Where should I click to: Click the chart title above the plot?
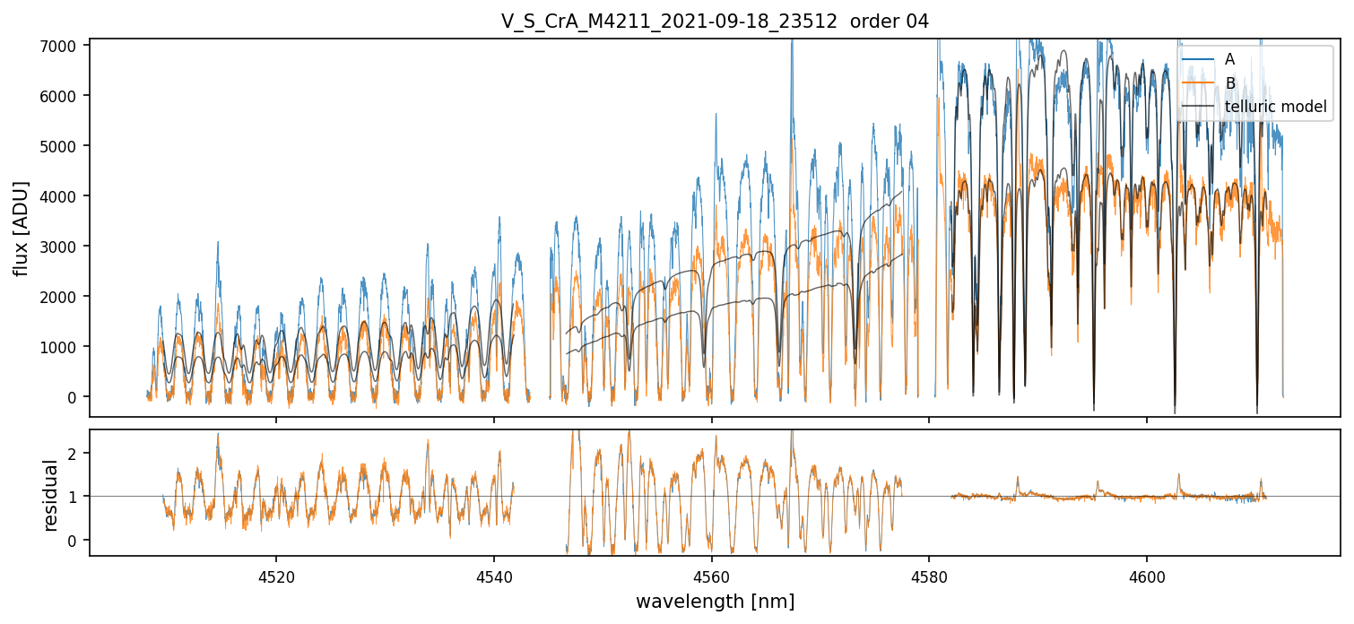[715, 22]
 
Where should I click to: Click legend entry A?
[1229, 59]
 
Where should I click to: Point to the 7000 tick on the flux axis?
[65, 45]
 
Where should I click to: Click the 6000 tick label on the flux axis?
[65, 95]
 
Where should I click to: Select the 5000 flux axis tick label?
[65, 145]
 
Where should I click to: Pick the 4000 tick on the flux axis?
[65, 195]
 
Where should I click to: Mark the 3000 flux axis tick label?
[65, 246]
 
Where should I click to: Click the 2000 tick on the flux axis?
[65, 296]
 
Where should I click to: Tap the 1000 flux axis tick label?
[65, 346]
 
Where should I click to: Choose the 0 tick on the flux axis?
[75, 396]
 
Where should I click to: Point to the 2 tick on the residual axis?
[75, 453]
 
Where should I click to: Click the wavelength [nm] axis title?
[715, 601]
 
